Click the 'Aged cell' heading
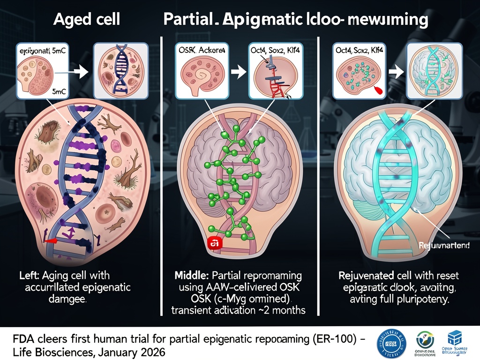point(87,20)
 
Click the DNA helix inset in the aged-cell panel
point(121,70)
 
